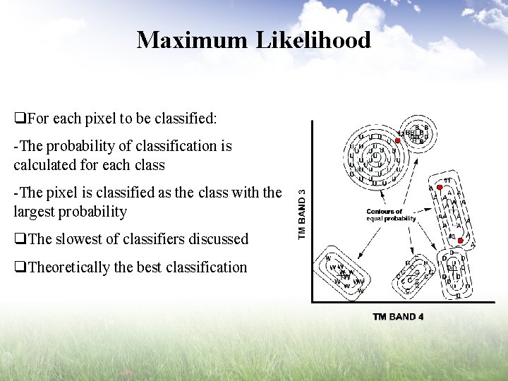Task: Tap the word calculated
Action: point(44,165)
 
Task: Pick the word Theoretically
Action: point(69,267)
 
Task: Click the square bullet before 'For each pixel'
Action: point(20,119)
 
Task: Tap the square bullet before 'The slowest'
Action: point(20,239)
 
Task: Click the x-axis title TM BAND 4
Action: point(398,317)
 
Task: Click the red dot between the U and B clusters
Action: point(398,141)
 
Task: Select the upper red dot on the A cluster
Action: point(440,188)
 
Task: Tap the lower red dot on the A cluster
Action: point(460,241)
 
